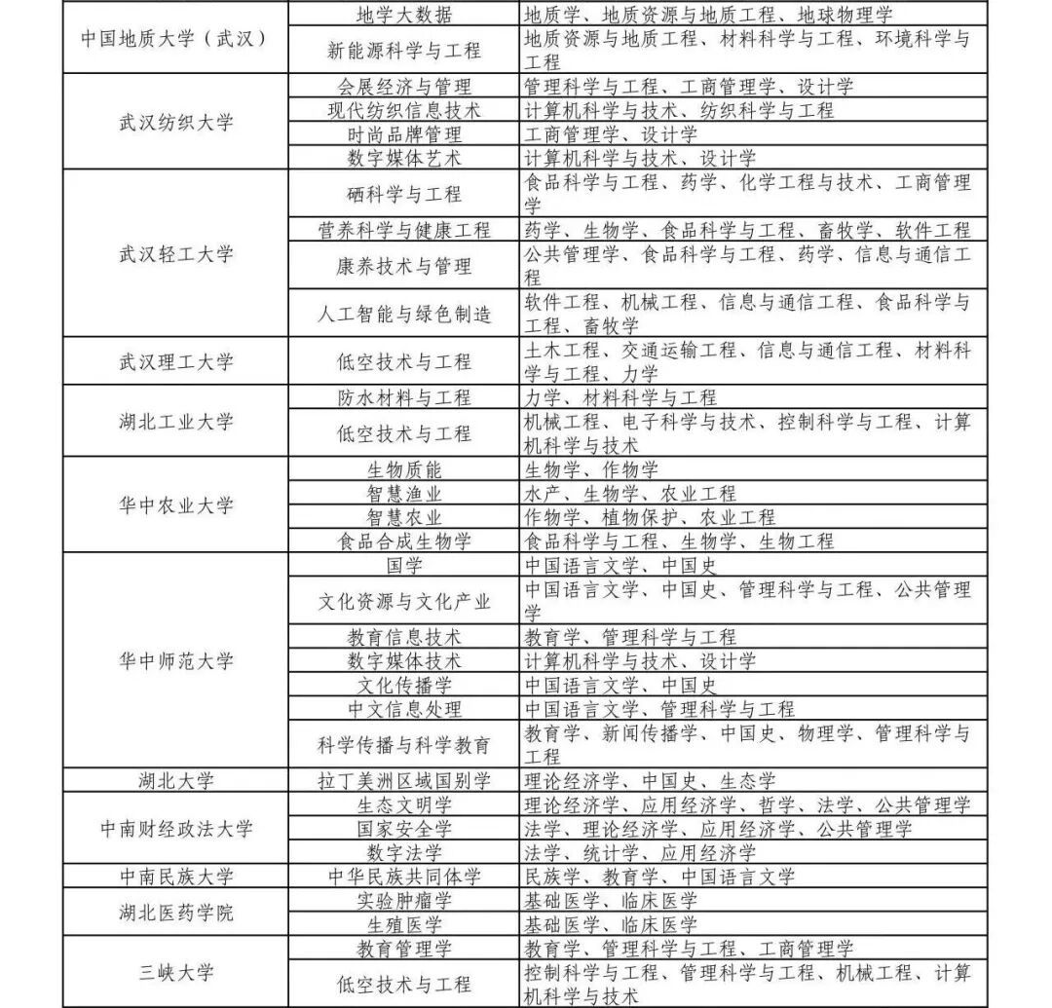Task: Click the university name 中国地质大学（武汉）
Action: pyautogui.click(x=175, y=38)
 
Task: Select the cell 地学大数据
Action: pyautogui.click(x=403, y=15)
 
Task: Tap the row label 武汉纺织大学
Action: pyautogui.click(x=175, y=122)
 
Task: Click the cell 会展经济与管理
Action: pyautogui.click(x=403, y=87)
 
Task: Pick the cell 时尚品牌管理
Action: pyautogui.click(x=403, y=134)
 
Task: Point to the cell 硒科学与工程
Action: pyautogui.click(x=403, y=194)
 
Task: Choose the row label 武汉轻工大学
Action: pyautogui.click(x=175, y=254)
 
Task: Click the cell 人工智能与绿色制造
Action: pyautogui.click(x=403, y=314)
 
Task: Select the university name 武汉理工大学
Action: pyautogui.click(x=175, y=361)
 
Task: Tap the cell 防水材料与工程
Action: pyautogui.click(x=403, y=397)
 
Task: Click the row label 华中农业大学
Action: pyautogui.click(x=175, y=505)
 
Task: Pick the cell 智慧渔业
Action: pyautogui.click(x=403, y=494)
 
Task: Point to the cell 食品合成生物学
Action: pyautogui.click(x=403, y=541)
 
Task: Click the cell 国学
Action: pyautogui.click(x=403, y=565)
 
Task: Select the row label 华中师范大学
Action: pyautogui.click(x=175, y=660)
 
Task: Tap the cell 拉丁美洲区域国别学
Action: pyautogui.click(x=403, y=781)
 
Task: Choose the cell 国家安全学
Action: pyautogui.click(x=403, y=829)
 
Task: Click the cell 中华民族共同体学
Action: pyautogui.click(x=403, y=877)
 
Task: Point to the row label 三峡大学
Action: pyautogui.click(x=175, y=972)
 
